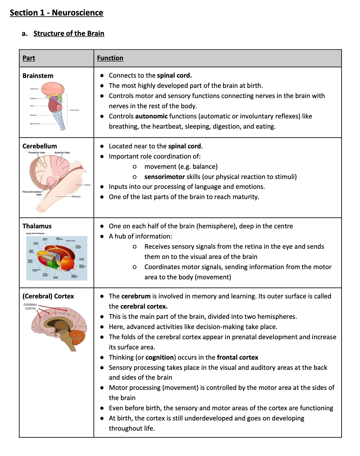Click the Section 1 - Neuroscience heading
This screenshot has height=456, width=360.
56,13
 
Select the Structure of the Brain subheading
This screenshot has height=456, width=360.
69,34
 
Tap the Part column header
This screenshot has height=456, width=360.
29,58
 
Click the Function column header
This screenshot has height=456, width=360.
110,58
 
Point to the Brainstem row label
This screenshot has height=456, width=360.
38,76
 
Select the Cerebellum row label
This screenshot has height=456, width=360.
39,146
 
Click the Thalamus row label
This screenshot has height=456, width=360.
37,226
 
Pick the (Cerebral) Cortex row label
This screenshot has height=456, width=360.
48,296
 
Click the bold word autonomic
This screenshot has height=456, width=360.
152,116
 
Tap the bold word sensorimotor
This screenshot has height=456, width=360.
165,177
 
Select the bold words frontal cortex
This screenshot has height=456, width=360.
238,357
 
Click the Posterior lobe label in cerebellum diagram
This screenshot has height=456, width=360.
37,153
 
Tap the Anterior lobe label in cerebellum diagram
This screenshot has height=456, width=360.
62,153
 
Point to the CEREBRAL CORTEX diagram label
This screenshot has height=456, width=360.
30,307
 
